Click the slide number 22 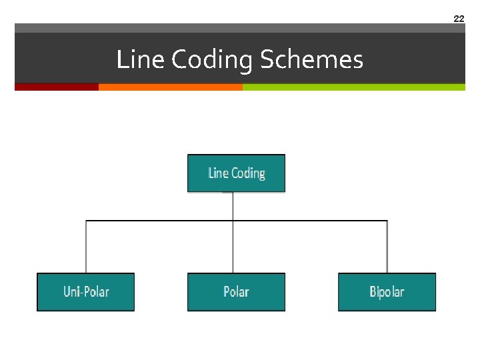459,19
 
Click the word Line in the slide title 141,60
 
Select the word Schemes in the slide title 311,60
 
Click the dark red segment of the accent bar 57,87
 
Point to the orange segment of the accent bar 170,87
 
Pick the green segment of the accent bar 353,87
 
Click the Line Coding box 236,173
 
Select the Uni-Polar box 85,292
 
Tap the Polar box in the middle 236,292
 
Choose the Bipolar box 387,292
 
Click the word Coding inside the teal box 249,173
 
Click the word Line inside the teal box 218,173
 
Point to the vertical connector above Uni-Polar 86,247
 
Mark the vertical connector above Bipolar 387,247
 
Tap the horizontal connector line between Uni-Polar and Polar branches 160,220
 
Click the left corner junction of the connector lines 86,220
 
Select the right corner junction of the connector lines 387,220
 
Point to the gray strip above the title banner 240,28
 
